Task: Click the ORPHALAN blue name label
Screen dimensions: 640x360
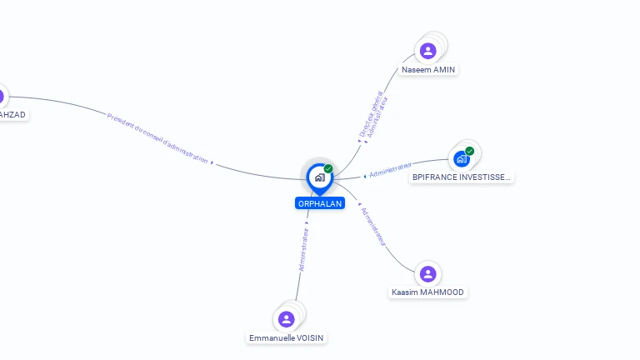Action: (x=319, y=203)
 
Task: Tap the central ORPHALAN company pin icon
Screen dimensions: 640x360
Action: (x=319, y=177)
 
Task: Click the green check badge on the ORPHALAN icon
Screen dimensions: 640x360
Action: (x=328, y=168)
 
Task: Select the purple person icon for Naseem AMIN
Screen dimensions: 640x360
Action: (x=428, y=51)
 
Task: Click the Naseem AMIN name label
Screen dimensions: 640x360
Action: (x=428, y=69)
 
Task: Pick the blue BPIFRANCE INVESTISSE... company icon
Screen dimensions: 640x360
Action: (x=461, y=158)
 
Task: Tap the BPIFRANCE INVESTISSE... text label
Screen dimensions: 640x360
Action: (x=462, y=177)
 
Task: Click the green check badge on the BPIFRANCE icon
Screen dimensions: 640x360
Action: (x=470, y=151)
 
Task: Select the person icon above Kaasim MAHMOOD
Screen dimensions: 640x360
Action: (x=427, y=273)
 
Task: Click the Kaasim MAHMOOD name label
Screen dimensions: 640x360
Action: (x=427, y=292)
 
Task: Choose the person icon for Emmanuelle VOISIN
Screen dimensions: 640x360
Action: (x=287, y=318)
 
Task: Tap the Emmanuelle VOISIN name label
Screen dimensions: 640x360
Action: (x=287, y=337)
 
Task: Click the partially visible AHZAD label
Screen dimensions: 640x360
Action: (x=12, y=114)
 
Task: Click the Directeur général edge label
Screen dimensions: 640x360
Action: (x=369, y=115)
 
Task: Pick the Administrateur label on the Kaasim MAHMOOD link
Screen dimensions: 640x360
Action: (x=373, y=225)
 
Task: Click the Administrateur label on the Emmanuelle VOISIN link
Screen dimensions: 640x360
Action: (x=304, y=249)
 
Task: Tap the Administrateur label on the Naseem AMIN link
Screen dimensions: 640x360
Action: (x=377, y=117)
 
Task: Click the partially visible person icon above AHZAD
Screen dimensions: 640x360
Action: (x=2, y=96)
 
